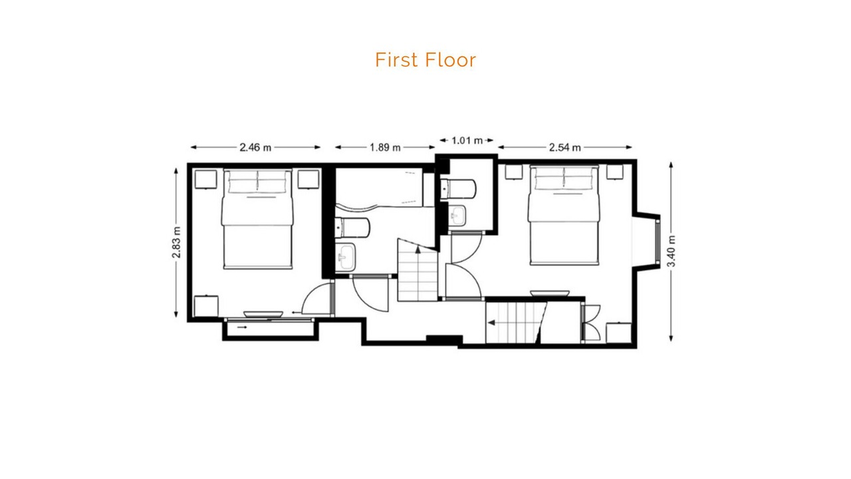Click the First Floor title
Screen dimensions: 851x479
[x=425, y=60]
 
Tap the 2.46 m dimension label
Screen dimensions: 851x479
[x=255, y=147]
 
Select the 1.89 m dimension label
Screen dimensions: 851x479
[x=385, y=147]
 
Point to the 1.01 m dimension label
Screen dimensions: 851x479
[x=467, y=140]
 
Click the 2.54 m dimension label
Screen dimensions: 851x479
[x=565, y=147]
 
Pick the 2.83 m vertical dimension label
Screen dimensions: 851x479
[x=176, y=242]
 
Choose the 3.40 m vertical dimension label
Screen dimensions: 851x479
[x=671, y=251]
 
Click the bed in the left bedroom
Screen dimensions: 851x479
[x=257, y=219]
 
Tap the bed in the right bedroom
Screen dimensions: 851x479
[x=564, y=215]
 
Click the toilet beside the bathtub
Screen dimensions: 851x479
[x=352, y=228]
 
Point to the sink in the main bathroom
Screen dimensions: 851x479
[x=345, y=257]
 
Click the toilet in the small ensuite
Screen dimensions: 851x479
[x=458, y=189]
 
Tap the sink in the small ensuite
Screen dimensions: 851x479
[x=457, y=216]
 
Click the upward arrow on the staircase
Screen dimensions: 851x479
[x=418, y=249]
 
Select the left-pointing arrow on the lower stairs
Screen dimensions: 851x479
[x=491, y=323]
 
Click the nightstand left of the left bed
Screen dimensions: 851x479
[x=206, y=180]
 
